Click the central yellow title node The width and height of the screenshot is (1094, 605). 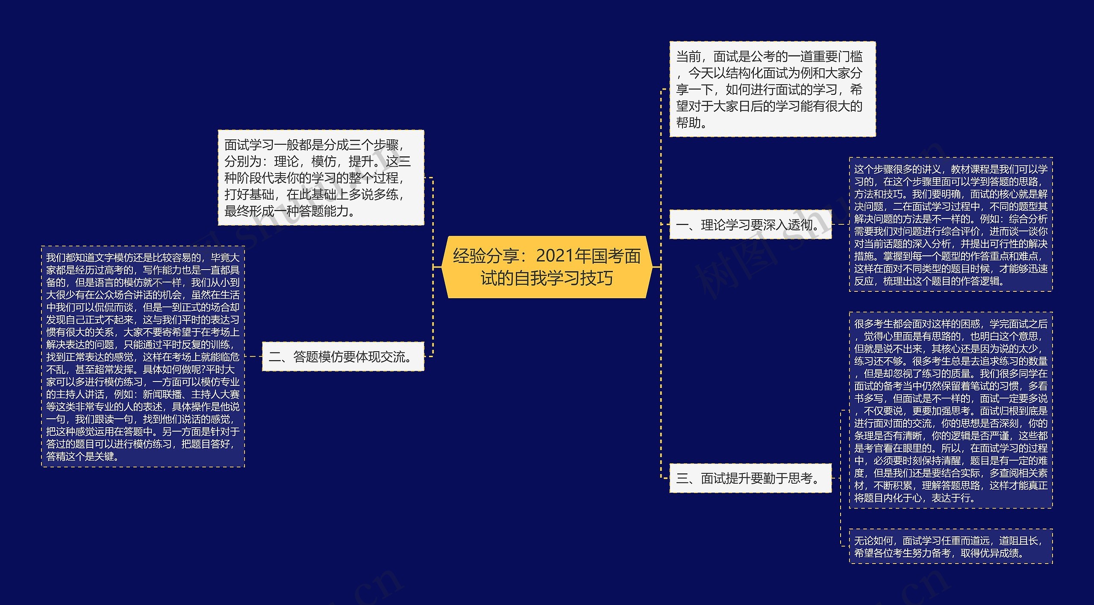(547, 267)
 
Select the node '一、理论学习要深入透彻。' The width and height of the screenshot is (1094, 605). (750, 225)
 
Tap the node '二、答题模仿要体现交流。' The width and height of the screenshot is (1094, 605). (342, 356)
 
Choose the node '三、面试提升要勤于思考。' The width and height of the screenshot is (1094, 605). (750, 478)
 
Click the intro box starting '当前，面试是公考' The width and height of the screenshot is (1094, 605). (772, 89)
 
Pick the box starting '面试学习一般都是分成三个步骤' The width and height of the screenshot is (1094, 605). (321, 177)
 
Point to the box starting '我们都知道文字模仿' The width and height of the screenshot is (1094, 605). (143, 356)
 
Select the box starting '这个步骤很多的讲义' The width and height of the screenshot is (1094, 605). (950, 225)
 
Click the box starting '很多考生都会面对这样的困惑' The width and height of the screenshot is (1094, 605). (950, 410)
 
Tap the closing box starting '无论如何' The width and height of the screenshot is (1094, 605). (950, 546)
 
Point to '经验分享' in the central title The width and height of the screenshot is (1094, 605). (486, 256)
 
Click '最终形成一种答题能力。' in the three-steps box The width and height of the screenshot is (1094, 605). (290, 211)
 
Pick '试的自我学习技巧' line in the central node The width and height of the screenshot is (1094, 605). (547, 278)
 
